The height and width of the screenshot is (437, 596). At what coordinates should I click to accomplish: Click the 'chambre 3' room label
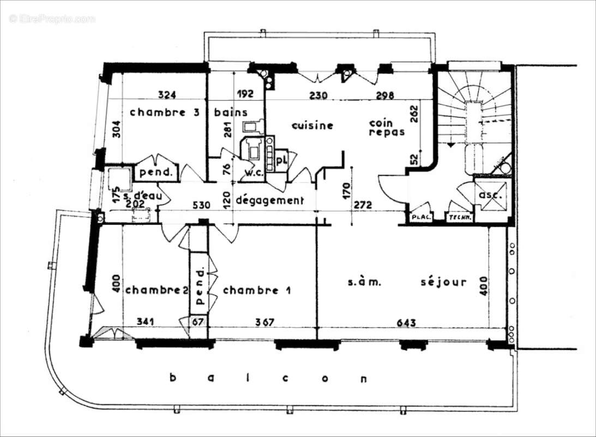(158, 113)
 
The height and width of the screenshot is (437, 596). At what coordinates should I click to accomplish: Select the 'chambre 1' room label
(256, 290)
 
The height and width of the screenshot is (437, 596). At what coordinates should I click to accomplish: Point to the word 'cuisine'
(312, 126)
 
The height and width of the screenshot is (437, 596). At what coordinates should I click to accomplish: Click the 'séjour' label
(443, 282)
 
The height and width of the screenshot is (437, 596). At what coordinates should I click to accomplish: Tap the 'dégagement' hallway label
(269, 200)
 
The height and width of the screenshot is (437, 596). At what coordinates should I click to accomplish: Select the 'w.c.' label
(254, 173)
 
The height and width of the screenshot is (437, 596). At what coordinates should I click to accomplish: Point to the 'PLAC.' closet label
(421, 217)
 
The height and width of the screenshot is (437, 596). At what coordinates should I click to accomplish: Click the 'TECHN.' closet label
(459, 217)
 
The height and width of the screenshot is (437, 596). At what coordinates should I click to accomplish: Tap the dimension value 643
(406, 323)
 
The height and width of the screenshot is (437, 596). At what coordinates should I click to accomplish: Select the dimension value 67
(198, 322)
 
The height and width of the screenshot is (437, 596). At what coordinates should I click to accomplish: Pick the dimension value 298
(384, 95)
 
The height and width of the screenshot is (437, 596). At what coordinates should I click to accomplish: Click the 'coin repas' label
(387, 128)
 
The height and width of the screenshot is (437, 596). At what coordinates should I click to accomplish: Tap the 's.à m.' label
(363, 282)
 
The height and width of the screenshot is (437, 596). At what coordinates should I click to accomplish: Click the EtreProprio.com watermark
(52, 19)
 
